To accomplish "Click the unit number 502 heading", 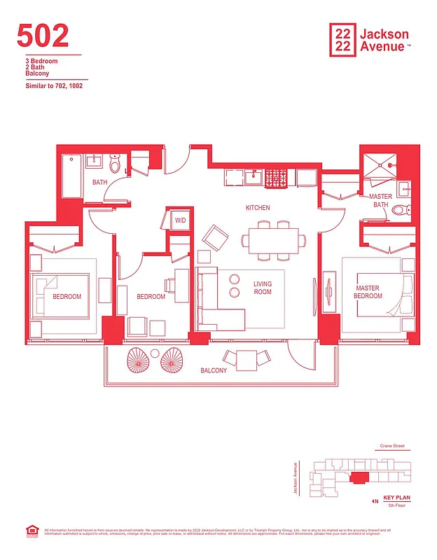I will [43, 36].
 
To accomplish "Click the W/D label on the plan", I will [181, 220].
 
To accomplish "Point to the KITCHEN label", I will [257, 208].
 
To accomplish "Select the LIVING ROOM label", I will [262, 288].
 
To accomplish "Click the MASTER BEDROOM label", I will [369, 292].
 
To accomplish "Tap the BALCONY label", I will [214, 370].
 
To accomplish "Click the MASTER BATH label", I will [380, 201].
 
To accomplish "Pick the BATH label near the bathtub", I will [99, 183].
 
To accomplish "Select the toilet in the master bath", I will [399, 209].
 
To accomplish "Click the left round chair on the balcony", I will [138, 360].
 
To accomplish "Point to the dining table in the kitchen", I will [274, 240].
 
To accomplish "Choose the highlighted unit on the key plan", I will [359, 477].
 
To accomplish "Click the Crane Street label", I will [391, 446].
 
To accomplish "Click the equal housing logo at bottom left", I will [29, 532].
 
